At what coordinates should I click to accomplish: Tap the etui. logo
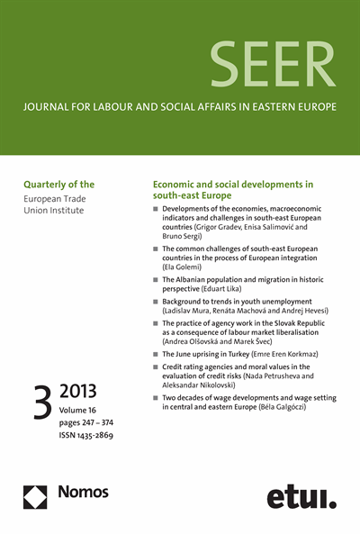(x=301, y=495)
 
